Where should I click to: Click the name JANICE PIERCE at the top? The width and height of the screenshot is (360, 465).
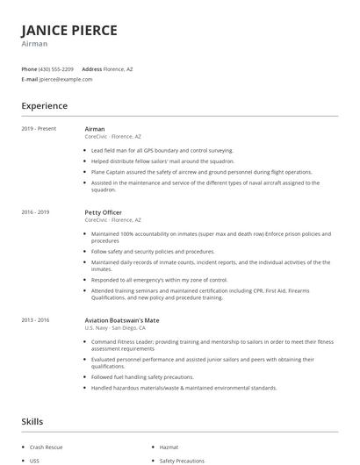[x=69, y=30]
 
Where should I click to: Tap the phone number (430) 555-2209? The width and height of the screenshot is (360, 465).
[x=57, y=68]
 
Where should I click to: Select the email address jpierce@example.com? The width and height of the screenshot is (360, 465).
[x=66, y=79]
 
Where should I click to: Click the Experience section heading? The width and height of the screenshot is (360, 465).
[x=45, y=106]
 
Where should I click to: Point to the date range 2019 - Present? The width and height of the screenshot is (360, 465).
[x=39, y=129]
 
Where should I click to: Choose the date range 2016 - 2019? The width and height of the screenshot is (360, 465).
[x=36, y=212]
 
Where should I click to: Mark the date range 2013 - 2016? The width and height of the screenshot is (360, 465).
[x=36, y=320]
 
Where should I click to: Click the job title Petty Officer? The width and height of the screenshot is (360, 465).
[x=104, y=212]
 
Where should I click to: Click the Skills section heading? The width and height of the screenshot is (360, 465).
[x=32, y=422]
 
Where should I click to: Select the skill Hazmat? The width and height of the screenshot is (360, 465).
[x=169, y=447]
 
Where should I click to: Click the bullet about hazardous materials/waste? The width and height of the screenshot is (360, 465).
[x=184, y=388]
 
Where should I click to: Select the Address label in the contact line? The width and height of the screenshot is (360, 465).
[x=91, y=68]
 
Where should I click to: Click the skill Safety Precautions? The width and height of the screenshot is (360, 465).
[x=182, y=461]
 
